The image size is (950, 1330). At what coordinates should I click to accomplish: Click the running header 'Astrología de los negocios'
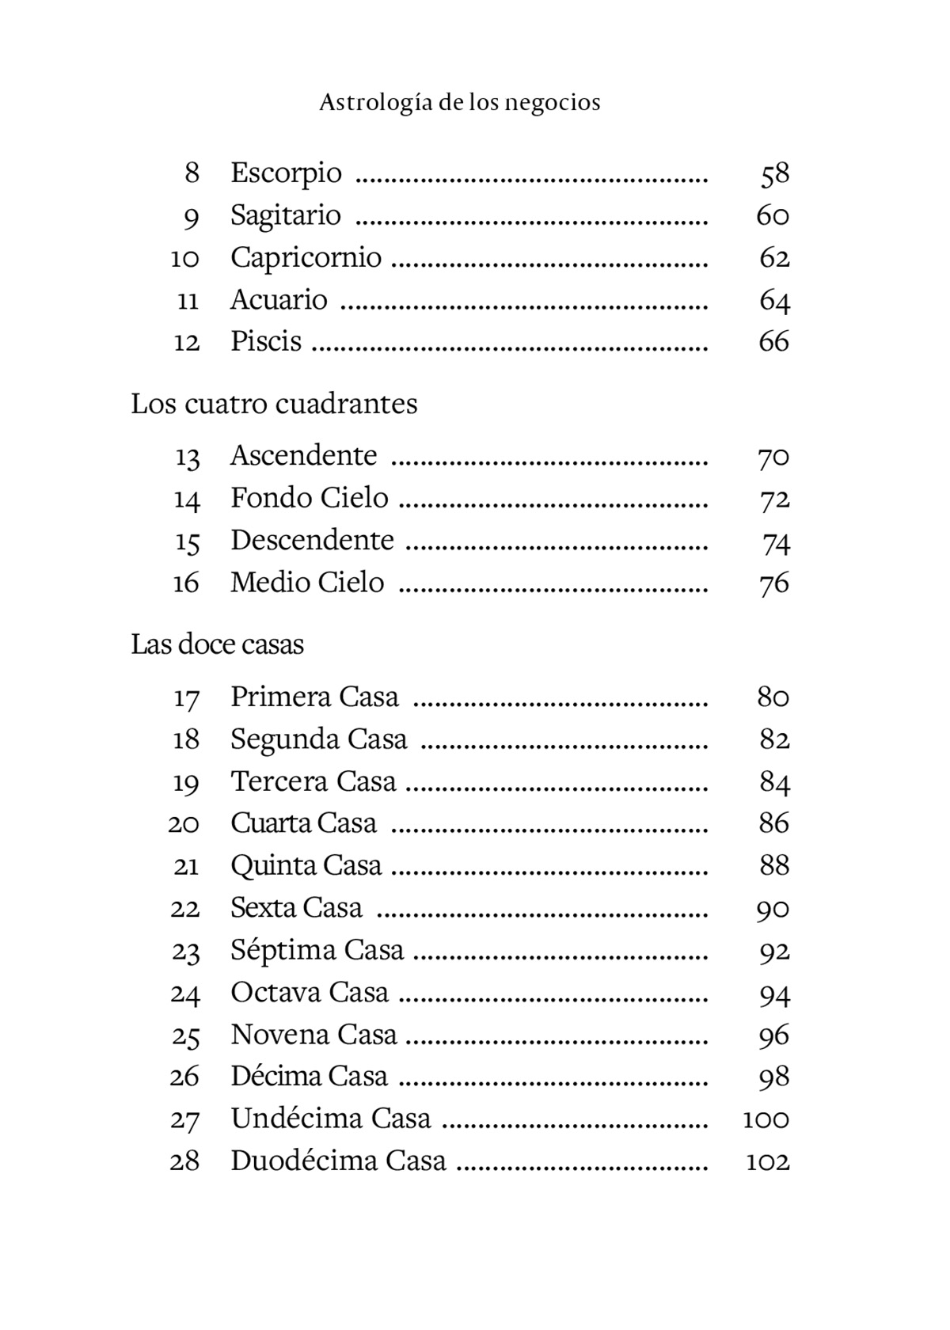pos(460,103)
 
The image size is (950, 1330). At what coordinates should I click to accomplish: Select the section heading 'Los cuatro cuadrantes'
pos(274,404)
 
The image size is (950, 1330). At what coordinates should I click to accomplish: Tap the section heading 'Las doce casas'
pos(217,644)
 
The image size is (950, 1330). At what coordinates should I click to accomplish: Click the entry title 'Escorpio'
pos(286,173)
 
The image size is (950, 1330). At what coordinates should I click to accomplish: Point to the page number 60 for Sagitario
pos(773,215)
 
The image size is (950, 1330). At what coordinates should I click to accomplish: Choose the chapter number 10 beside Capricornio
pos(185,258)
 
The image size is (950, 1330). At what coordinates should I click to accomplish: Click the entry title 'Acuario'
pos(279,300)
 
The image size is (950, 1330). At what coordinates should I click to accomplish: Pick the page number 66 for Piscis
pos(773,342)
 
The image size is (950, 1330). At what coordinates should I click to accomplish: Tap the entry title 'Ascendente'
pos(303,456)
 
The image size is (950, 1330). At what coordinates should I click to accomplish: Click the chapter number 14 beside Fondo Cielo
pos(187,500)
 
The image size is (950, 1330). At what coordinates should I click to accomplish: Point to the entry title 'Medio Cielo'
pos(307,583)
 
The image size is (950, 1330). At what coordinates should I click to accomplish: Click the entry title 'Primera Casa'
pos(314,697)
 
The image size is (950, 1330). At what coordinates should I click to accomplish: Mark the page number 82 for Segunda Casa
pos(774,739)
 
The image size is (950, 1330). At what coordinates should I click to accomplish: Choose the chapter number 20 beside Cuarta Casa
pos(184,824)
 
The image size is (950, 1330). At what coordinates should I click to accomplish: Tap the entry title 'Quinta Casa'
pos(306,865)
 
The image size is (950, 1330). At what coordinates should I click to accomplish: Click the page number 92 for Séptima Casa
pos(774,951)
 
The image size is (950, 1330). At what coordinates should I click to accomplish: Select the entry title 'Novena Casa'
pos(313,1035)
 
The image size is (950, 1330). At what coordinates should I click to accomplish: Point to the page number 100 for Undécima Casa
pos(766,1119)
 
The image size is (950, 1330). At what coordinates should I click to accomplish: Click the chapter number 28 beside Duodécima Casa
pos(184,1161)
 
